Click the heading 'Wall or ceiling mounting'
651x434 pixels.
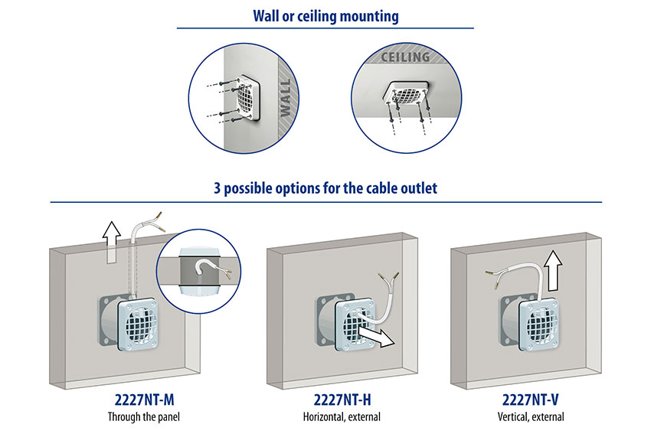point(325,15)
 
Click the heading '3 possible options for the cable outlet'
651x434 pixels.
point(325,188)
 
